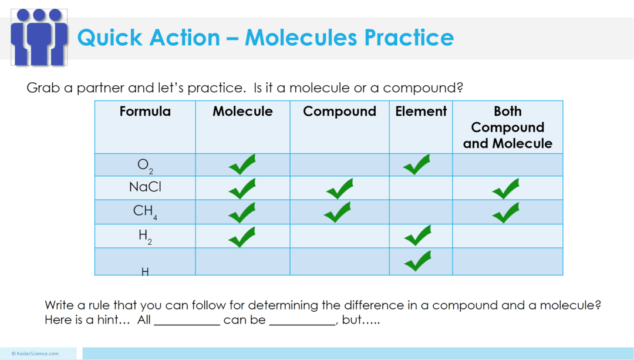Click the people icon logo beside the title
tap(39, 36)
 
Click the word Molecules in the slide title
tap(301, 38)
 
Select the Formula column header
tap(145, 112)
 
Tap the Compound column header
tap(339, 112)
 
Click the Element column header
tap(421, 112)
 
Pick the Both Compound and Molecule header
tap(507, 127)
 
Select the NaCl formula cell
tap(145, 187)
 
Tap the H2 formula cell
tap(145, 235)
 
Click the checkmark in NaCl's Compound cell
tap(339, 189)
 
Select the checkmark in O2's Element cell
tap(417, 165)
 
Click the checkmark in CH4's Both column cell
tap(505, 213)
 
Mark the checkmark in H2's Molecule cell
tap(242, 237)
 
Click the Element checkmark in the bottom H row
tap(418, 261)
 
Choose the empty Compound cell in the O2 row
tap(339, 165)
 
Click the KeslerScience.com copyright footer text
tap(35, 354)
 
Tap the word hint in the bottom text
tap(117, 321)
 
